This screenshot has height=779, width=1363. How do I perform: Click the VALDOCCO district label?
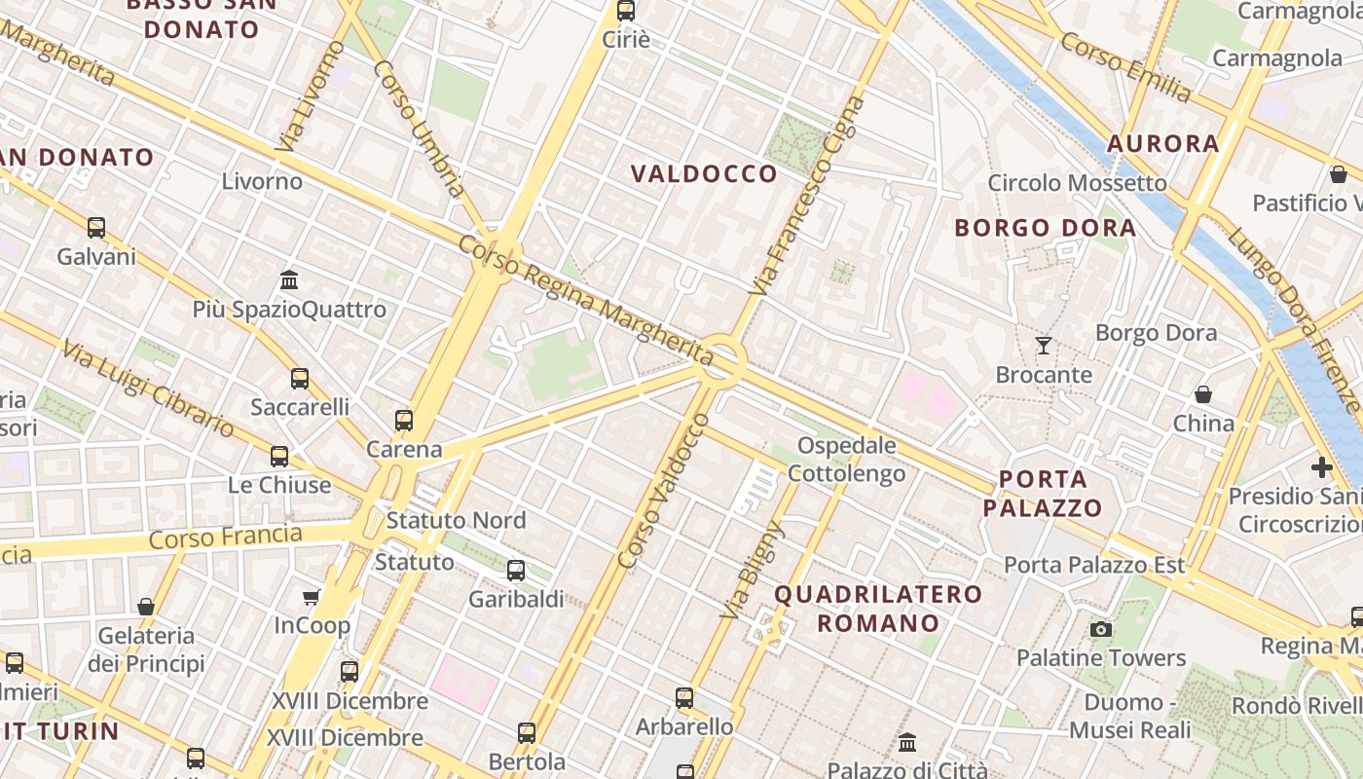[x=704, y=174]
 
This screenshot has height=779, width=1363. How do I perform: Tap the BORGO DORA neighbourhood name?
[x=1045, y=228]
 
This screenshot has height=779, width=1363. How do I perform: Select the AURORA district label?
[x=1162, y=144]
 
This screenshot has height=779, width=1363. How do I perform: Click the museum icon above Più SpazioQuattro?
[x=289, y=280]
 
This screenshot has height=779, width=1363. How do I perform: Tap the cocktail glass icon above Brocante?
[x=1044, y=345]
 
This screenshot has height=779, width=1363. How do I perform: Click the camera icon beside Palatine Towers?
[x=1101, y=629]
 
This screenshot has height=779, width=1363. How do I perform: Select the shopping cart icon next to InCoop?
[x=312, y=597]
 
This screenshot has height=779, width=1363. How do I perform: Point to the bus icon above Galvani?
[x=95, y=228]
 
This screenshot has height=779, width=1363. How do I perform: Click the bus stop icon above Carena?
[x=403, y=421]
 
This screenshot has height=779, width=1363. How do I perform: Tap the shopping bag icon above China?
[x=1203, y=394]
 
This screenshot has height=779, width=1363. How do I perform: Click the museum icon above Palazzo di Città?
[x=907, y=743]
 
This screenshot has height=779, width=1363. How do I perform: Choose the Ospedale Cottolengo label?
[x=846, y=460]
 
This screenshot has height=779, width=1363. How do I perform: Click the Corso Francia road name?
[x=226, y=537]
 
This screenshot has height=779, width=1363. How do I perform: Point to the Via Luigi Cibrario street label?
[x=147, y=389]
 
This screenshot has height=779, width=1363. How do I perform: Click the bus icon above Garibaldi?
[x=516, y=571]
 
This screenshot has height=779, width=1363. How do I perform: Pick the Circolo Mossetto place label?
[x=1077, y=183]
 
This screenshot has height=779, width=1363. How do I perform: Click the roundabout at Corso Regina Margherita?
[x=721, y=361]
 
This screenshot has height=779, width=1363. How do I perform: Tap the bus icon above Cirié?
[x=625, y=12]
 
